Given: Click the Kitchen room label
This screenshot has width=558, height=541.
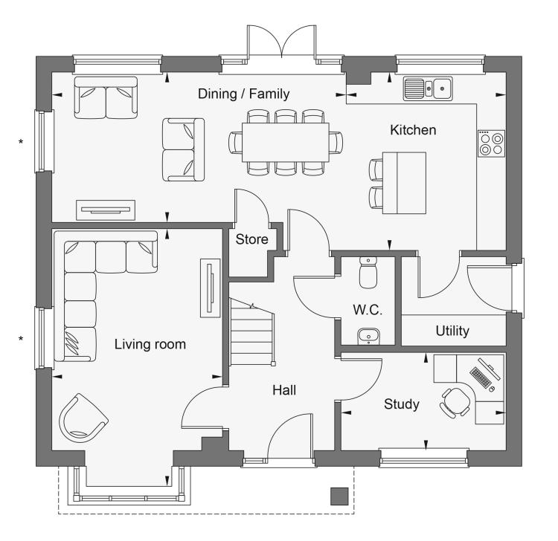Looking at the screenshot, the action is click(x=413, y=130).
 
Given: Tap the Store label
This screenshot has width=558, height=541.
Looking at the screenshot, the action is click(x=251, y=239).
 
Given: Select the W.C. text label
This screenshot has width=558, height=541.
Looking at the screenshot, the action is click(x=368, y=310).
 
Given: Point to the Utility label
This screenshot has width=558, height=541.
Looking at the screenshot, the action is click(x=452, y=331).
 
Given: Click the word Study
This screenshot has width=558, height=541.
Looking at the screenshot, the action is click(x=402, y=404).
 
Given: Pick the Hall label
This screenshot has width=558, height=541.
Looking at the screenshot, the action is click(x=284, y=390).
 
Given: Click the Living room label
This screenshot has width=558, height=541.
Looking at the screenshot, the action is click(x=150, y=344).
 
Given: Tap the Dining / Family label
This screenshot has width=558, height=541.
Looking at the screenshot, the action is click(x=243, y=94).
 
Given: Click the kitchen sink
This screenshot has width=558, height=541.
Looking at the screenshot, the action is click(x=428, y=88).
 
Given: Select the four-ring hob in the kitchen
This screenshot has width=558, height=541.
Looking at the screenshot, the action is click(x=492, y=143).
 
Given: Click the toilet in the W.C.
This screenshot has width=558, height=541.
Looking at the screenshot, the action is click(x=368, y=272).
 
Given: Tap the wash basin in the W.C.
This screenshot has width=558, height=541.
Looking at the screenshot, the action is click(x=368, y=336).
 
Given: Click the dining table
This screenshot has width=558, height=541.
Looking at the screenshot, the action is click(x=286, y=142).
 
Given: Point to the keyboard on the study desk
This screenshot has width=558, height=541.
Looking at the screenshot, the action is click(x=481, y=378).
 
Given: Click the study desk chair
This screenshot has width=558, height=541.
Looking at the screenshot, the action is click(x=455, y=402).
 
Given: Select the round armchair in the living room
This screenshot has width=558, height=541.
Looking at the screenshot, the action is click(x=83, y=418).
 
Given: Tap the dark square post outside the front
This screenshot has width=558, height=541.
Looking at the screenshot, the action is click(x=339, y=496).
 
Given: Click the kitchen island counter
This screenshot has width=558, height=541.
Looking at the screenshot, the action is click(x=404, y=183).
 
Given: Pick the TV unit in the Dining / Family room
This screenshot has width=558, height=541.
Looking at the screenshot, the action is click(x=106, y=210).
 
